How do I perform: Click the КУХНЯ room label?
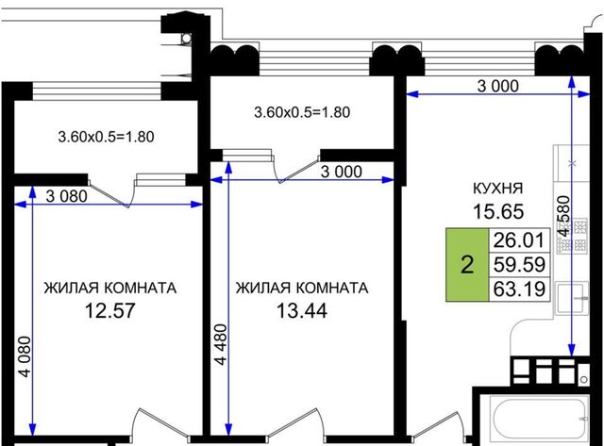(497, 189)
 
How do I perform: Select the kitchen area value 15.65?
(498, 211)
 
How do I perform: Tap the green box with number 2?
(467, 264)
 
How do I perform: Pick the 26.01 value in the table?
(519, 240)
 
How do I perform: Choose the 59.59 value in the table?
(519, 264)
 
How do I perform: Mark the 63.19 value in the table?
(519, 289)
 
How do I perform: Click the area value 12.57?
(109, 310)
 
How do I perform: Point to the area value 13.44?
(302, 310)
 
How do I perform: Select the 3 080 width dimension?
(67, 196)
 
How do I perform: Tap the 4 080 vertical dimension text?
(25, 356)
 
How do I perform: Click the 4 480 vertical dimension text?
(221, 344)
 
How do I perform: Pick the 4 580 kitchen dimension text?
(563, 216)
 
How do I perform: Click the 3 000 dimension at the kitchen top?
(498, 86)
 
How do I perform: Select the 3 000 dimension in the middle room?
(342, 172)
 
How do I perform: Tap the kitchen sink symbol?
(573, 298)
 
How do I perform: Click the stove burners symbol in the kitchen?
(573, 236)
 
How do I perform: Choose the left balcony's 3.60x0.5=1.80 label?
(106, 137)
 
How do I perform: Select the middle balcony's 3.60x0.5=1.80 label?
(302, 112)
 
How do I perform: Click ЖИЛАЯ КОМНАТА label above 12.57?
(110, 288)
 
